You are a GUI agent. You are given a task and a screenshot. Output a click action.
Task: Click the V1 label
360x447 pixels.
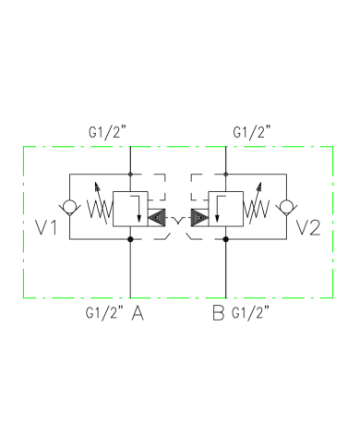pos(48,226)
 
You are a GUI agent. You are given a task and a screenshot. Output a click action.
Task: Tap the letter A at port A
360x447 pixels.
pos(138,313)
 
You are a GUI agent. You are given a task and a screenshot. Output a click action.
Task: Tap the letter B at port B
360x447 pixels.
pos(218,313)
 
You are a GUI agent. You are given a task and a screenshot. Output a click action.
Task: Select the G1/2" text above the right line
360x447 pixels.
pos(252,132)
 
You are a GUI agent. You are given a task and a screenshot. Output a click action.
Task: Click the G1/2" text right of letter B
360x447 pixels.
pos(252,313)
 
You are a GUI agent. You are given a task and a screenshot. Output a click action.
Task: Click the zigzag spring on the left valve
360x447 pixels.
pos(98,207)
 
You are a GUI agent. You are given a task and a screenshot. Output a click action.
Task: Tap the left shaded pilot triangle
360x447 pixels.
pos(157,219)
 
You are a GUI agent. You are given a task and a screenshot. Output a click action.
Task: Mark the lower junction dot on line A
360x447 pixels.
pos(129,239)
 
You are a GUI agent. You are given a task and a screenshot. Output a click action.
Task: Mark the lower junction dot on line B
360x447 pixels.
pos(227,239)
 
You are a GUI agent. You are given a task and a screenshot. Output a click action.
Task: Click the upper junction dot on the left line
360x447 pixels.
pos(129,174)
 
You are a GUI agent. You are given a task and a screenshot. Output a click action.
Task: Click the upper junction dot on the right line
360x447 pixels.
pos(227,174)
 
